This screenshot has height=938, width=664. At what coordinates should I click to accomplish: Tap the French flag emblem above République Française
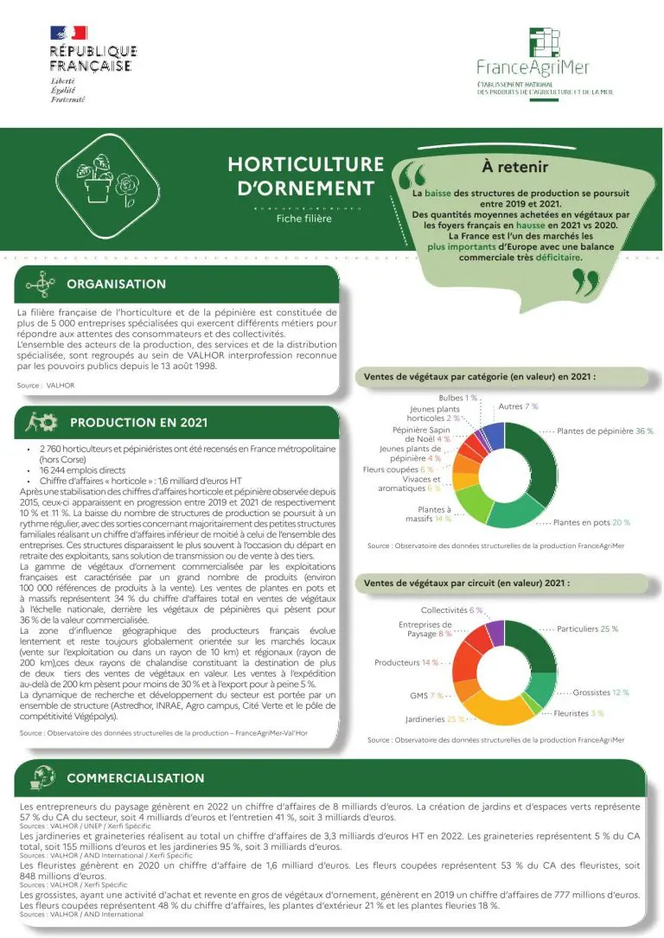point(68,33)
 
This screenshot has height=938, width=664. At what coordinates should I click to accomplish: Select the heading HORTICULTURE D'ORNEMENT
point(304,175)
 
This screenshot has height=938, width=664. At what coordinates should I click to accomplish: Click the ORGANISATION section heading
point(116,284)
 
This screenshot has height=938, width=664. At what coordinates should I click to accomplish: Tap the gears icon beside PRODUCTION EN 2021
point(42,423)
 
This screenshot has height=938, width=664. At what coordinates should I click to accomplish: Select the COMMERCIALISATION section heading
point(135,777)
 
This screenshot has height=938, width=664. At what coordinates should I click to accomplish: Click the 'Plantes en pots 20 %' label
point(591,522)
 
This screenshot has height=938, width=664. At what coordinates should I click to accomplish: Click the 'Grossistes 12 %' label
point(601,692)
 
